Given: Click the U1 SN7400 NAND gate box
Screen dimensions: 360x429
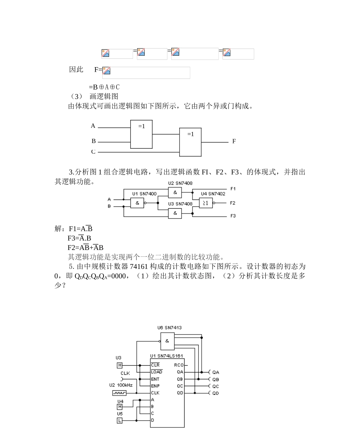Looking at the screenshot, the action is click(137, 203).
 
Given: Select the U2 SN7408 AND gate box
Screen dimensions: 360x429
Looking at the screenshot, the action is click(175, 193).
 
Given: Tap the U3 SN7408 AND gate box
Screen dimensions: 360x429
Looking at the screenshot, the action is click(175, 214).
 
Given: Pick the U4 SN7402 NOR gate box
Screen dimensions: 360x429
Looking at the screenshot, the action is click(206, 203).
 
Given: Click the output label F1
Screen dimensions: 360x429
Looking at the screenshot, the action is click(233, 189).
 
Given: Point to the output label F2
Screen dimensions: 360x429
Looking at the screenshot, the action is click(233, 203).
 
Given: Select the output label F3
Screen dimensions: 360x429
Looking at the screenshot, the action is click(233, 216).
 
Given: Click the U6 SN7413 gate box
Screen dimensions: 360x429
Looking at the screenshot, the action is click(167, 341).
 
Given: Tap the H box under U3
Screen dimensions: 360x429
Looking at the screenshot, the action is click(120, 365).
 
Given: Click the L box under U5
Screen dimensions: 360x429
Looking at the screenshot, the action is click(120, 420).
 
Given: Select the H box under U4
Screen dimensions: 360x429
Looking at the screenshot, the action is click(120, 407).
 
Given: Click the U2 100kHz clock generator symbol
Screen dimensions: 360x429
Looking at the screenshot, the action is click(119, 393).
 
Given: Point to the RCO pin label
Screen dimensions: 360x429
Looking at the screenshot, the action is click(179, 365).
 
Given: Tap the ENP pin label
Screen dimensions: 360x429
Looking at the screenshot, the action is click(155, 386).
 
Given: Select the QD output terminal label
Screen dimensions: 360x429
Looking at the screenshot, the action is click(215, 393).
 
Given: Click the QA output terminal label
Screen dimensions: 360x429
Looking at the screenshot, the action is click(215, 372).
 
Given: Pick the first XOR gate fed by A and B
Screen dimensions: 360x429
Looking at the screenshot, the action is click(141, 134).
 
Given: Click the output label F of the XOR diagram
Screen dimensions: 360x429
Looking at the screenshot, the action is click(234, 141).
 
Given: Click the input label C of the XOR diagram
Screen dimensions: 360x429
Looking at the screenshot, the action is click(93, 152).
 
